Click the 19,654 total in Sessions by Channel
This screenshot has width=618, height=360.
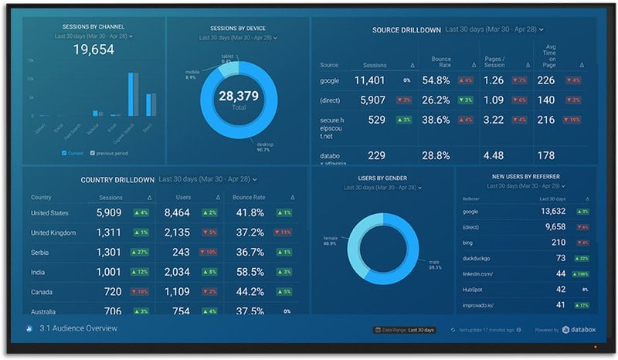[93, 49]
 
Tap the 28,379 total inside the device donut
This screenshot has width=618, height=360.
[238, 97]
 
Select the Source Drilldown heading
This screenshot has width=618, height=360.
[406, 30]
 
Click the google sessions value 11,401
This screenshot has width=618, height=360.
[370, 80]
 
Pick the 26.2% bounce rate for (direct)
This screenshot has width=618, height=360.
[436, 100]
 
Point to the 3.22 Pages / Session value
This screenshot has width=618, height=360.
[493, 121]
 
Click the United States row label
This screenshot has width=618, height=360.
[49, 213]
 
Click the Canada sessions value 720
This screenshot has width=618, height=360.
[113, 292]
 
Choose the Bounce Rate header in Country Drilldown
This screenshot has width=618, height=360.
[248, 198]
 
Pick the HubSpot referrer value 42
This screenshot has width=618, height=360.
[561, 290]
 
